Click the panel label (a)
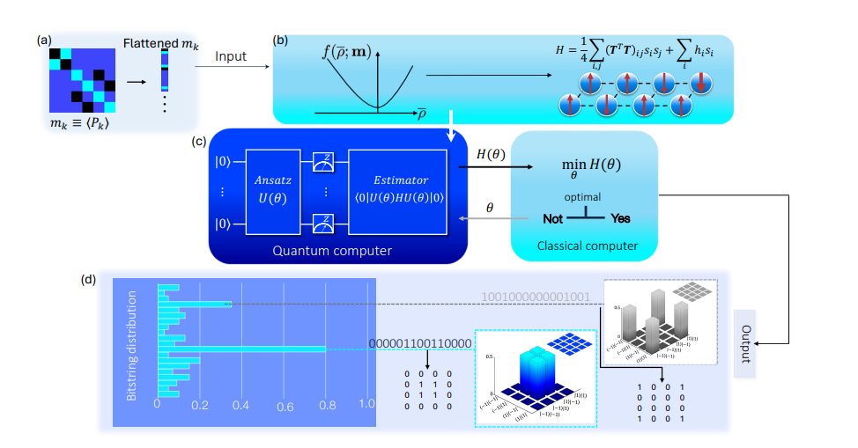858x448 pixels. (x=43, y=40)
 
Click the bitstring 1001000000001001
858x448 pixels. (x=536, y=297)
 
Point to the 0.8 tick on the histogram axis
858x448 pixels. (x=326, y=405)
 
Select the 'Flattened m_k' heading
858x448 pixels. (x=159, y=43)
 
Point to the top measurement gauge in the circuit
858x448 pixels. (x=322, y=161)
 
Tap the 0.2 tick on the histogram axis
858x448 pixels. (x=199, y=405)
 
